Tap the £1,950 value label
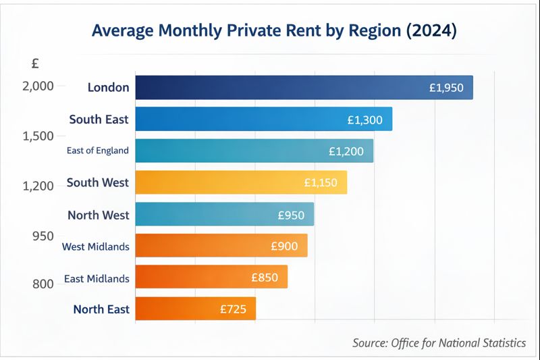click(x=446, y=88)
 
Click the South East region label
click(x=99, y=120)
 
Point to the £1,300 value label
click(x=364, y=120)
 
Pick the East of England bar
click(x=236, y=151)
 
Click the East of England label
click(x=97, y=151)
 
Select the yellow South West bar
click(x=223, y=182)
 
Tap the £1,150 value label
click(x=320, y=182)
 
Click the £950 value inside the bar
click(x=291, y=215)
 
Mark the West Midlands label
click(x=95, y=247)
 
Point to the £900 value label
click(x=284, y=247)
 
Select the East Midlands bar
click(x=196, y=277)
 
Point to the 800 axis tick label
click(x=43, y=284)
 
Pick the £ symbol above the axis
click(x=35, y=63)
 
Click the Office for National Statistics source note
click(x=439, y=343)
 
